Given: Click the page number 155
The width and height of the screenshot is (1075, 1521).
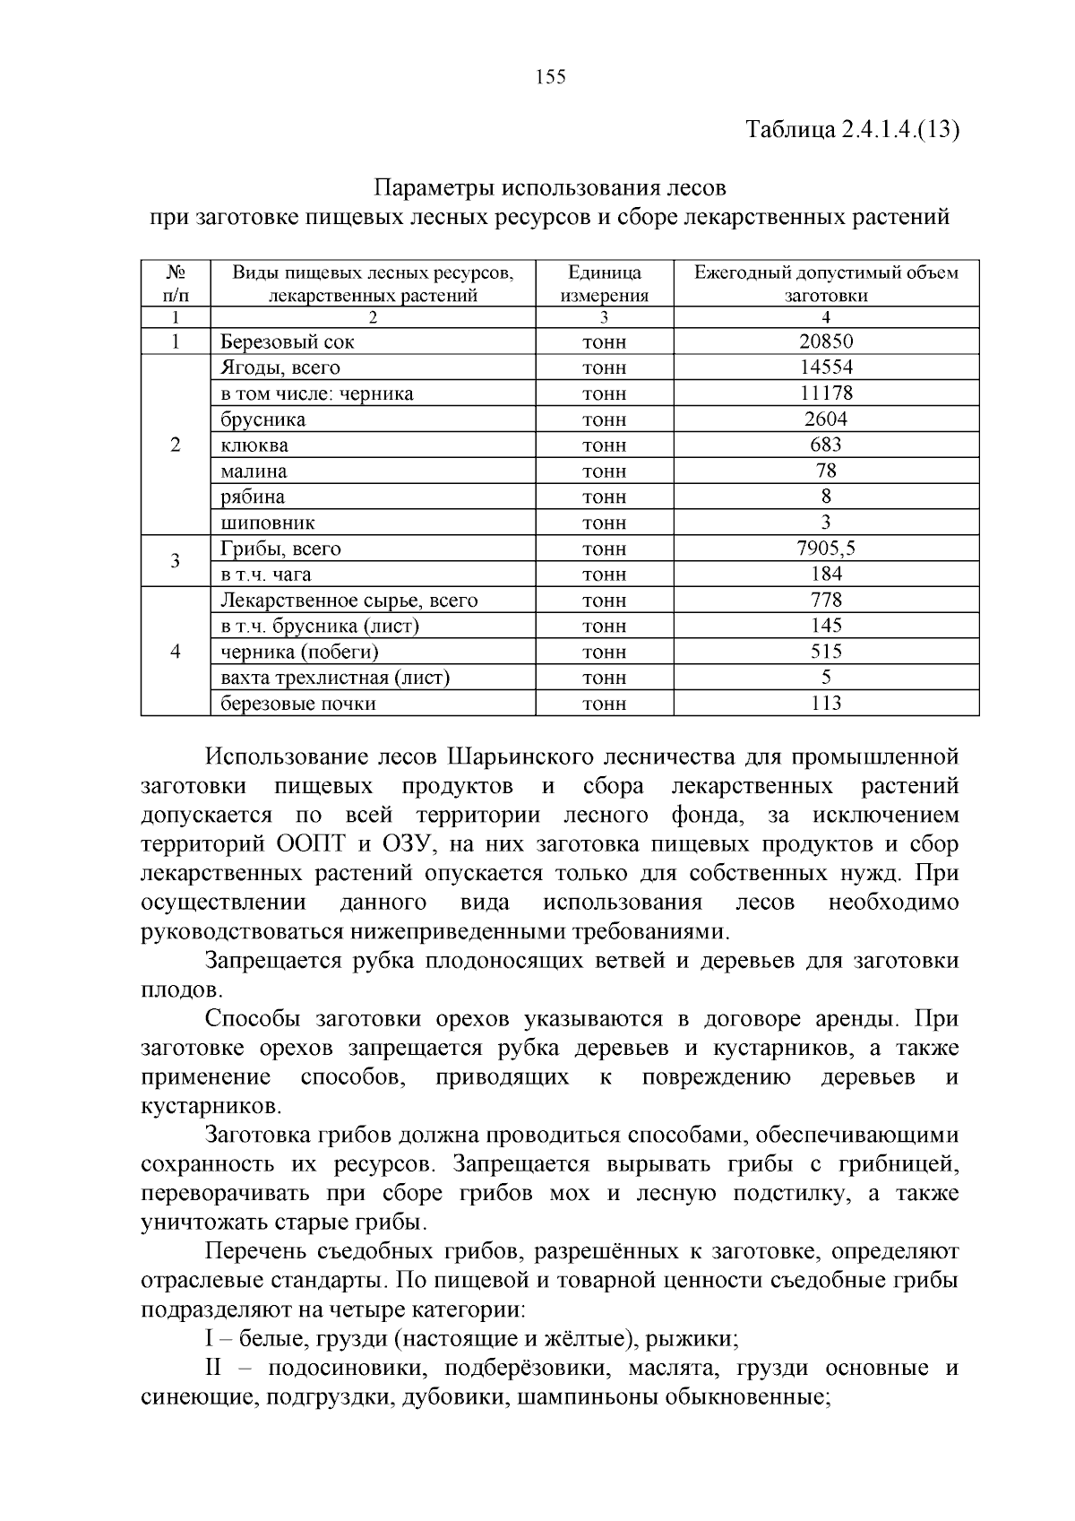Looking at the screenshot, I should pos(550,77).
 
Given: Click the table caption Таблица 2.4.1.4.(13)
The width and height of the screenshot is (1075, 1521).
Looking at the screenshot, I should pos(853,130).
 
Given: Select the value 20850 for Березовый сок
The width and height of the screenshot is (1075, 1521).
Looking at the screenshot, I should pos(825,341).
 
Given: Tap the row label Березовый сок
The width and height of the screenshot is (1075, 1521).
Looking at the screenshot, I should pos(288,341).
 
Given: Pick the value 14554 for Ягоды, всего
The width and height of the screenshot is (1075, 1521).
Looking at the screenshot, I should pos(825,367).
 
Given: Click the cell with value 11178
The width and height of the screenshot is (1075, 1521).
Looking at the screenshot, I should pos(825,393).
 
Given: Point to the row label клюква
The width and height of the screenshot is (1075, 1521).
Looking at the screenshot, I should pos(254,445).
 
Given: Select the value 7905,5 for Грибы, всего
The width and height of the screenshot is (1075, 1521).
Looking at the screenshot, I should pos(825,549).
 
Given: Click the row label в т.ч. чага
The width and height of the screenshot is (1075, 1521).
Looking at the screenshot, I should pos(266,575).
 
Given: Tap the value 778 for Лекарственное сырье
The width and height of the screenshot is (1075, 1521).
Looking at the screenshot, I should pos(825,601).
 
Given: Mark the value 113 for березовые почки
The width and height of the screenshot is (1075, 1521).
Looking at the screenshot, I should pos(825,704).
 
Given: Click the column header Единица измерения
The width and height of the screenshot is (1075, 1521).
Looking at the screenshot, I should pos(604,283).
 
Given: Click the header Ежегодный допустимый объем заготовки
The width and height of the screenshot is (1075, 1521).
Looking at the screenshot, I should pos(825,283).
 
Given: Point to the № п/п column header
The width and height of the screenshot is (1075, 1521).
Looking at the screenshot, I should pos(176,283).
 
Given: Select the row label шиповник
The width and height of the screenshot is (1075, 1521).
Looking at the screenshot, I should pos(268,523).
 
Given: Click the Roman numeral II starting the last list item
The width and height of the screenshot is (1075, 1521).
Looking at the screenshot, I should pos(218,1369).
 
